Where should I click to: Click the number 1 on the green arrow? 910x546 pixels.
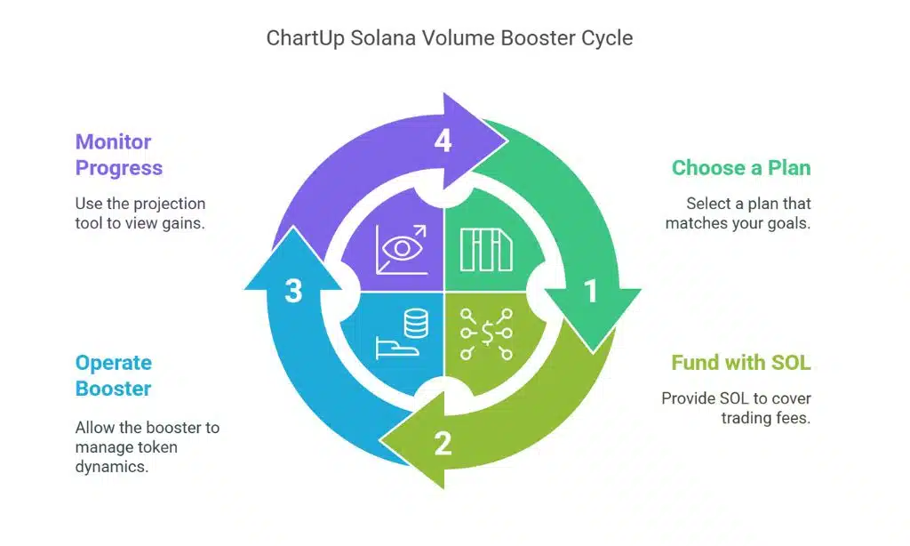[590, 291]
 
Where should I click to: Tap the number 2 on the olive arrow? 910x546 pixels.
[442, 442]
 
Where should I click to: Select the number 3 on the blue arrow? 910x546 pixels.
[293, 291]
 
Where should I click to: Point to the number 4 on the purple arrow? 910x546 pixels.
[442, 141]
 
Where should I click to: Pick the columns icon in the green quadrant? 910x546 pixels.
[485, 249]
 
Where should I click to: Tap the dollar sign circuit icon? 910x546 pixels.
[486, 333]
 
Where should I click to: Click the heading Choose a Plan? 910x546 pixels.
[741, 168]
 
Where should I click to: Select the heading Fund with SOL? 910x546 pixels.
[741, 363]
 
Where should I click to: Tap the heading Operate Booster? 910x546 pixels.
[114, 375]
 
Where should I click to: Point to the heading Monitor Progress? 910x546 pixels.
[119, 155]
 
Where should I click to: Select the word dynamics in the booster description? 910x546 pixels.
[112, 466]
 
